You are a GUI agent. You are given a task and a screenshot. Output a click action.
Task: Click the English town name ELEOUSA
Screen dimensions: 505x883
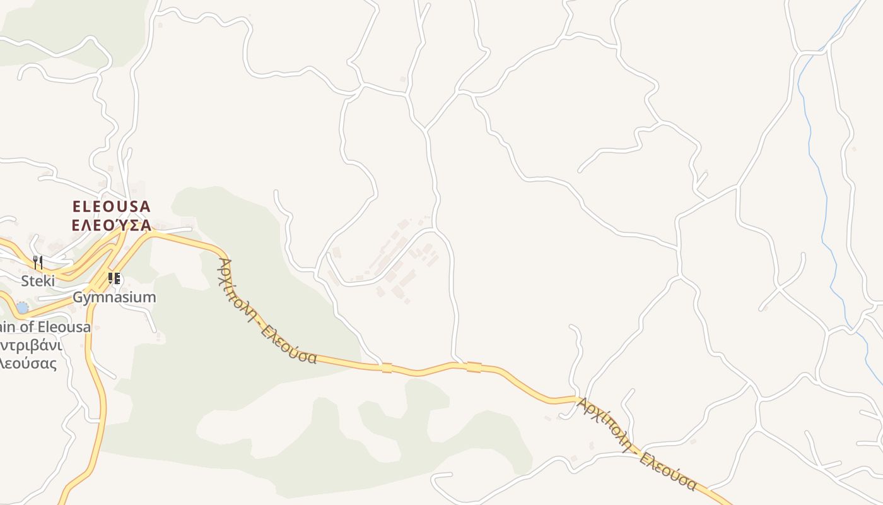(112, 206)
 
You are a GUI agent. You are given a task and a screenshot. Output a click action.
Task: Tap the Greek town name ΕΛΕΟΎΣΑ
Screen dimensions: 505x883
(112, 225)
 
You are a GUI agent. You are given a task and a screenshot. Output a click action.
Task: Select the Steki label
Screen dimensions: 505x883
(38, 281)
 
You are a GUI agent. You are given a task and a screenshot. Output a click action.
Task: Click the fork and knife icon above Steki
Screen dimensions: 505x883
(38, 262)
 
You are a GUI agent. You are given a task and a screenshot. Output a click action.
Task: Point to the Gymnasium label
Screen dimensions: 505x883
(114, 297)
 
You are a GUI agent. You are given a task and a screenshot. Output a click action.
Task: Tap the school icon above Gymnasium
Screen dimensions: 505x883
(114, 278)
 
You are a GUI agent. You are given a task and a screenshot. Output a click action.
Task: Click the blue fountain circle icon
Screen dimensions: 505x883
(23, 307)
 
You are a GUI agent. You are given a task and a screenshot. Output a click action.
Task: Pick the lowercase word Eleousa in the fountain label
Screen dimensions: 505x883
(64, 327)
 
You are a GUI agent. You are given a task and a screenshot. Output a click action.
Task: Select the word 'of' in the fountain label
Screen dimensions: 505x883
(26, 327)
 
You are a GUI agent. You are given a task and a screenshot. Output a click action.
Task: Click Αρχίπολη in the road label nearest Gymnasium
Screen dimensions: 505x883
(237, 293)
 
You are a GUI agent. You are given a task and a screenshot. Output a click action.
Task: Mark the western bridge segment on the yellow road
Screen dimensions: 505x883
(387, 367)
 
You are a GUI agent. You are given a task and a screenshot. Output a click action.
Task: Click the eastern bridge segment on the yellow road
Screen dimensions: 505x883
(474, 367)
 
